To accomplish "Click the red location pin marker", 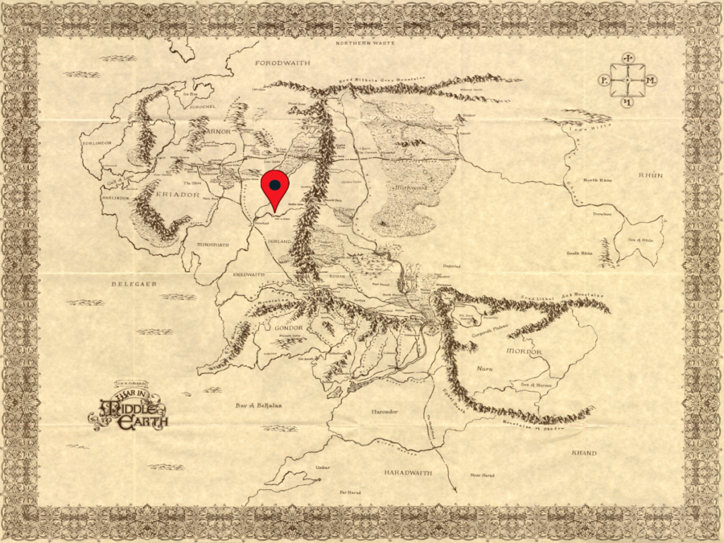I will point(274,186).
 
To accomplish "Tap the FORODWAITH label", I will point(283,63).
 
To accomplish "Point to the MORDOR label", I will point(524,351).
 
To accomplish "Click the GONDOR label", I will point(288,328).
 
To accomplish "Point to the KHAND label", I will point(584,453).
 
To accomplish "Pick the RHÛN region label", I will point(650,175).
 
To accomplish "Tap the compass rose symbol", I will point(627,81).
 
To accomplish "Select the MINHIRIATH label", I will point(212,245).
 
